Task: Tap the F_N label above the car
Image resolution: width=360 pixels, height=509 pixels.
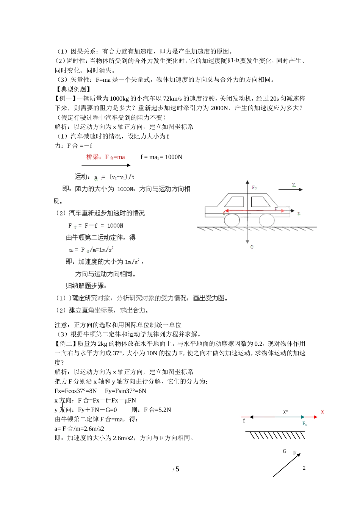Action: (x=255, y=187)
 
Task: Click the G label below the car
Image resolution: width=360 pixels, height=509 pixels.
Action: (x=252, y=247)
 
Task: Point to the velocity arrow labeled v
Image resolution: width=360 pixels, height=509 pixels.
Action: (x=290, y=189)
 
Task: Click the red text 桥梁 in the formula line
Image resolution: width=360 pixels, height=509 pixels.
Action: (x=93, y=157)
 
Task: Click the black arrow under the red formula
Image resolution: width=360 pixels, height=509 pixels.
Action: (x=106, y=165)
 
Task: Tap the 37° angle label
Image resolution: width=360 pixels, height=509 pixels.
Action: (x=285, y=412)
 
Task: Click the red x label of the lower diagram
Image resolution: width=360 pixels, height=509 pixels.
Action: (x=322, y=412)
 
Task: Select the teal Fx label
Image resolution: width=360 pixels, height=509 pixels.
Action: (x=304, y=424)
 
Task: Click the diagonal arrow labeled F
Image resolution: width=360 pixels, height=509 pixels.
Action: (x=286, y=465)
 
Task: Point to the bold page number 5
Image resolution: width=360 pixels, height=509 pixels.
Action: (x=177, y=469)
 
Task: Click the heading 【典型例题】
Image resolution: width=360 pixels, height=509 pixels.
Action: (x=73, y=89)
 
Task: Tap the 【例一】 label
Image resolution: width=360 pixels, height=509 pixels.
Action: (x=66, y=98)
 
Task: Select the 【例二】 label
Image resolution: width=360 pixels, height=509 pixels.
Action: (x=66, y=344)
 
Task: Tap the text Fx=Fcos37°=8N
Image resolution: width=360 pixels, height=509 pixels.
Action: (x=76, y=391)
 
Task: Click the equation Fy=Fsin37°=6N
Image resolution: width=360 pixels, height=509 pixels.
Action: (x=125, y=391)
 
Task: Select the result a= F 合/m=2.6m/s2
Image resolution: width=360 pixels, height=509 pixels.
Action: (x=80, y=429)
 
